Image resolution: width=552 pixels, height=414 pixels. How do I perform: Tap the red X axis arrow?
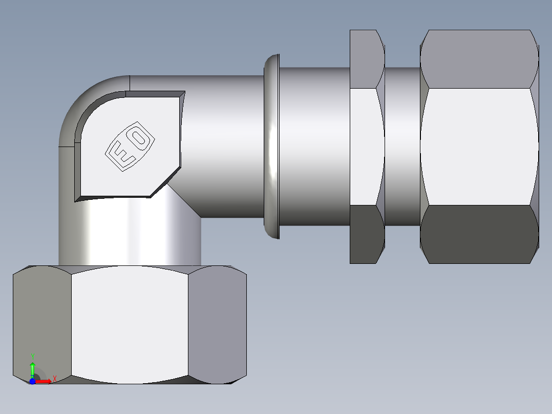point(45,381)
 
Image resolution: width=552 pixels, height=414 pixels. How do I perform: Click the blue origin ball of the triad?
point(32,381)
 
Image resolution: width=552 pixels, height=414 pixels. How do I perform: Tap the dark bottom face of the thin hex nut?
point(367,235)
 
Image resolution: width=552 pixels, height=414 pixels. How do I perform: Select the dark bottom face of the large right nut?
point(479,235)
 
